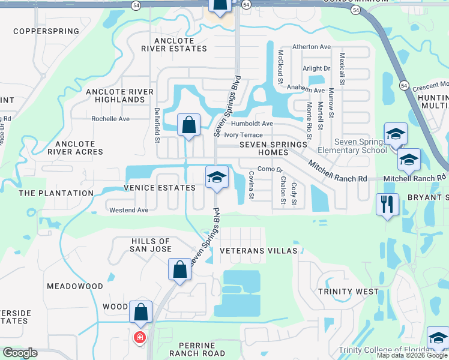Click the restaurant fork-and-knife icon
point(387,204)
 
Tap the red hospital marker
point(139,338)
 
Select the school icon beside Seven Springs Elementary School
point(396,134)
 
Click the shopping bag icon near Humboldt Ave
point(188,125)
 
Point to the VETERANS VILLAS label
point(259,250)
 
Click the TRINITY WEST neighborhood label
point(349,292)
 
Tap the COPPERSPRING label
point(46,31)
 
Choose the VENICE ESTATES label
point(160,188)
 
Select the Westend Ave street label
point(128,210)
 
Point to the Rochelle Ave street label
point(110,119)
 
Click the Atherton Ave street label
point(312,47)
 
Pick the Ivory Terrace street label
point(243,135)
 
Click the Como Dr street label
point(270,170)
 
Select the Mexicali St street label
point(342,67)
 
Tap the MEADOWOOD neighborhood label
point(75,286)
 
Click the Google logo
point(20,353)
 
